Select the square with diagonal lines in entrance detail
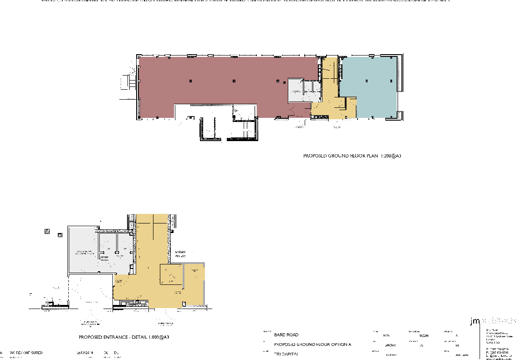pos(171,275)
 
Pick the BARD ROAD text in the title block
pos(286,335)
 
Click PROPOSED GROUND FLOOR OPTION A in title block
pos(313,345)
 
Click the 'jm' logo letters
pos(475,321)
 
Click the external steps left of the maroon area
pos(132,82)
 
